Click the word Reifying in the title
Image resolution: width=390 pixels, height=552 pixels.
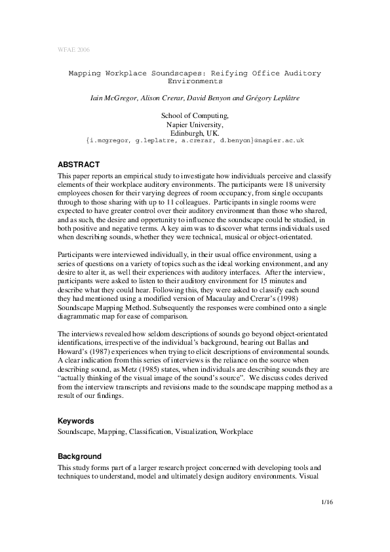(x=220, y=73)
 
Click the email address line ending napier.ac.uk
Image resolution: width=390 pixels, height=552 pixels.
(x=195, y=140)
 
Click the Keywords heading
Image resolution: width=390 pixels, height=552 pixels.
(x=76, y=420)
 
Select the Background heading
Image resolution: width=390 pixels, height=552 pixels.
(x=79, y=456)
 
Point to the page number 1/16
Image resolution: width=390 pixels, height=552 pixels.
(x=328, y=502)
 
